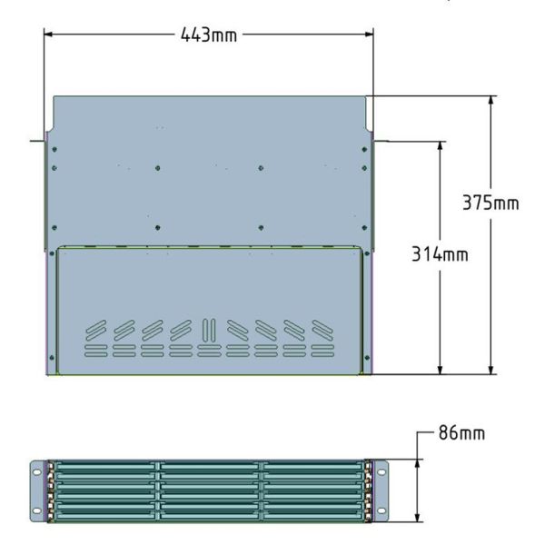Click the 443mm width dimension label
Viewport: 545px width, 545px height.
209,35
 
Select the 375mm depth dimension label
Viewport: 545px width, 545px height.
490,203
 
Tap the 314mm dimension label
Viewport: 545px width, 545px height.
440,253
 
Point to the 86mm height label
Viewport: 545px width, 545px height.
461,433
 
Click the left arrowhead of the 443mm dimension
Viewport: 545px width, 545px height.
48,35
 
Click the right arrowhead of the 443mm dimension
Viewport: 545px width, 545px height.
369,35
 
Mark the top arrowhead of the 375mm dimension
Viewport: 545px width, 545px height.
490,101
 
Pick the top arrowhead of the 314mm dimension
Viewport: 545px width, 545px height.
440,146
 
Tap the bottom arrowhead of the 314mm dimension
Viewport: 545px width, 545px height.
440,371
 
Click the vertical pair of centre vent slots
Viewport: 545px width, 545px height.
209,329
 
